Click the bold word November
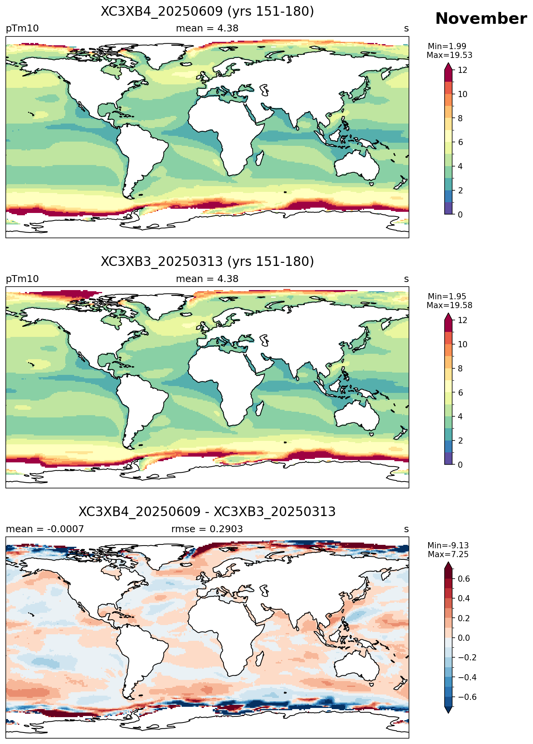[x=481, y=18]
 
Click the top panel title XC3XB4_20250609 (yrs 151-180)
[x=207, y=12]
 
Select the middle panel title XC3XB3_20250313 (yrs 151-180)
[x=207, y=262]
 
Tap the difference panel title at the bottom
[x=207, y=512]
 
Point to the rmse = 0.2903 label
[x=207, y=529]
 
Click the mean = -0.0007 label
[x=45, y=529]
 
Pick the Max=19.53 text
[x=449, y=55]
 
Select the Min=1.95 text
[x=447, y=296]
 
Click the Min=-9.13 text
[x=448, y=545]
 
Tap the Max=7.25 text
[x=448, y=554]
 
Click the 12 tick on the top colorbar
[x=462, y=70]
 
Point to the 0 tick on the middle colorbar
[x=460, y=465]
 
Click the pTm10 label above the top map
[x=22, y=29]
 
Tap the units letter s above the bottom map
[x=406, y=530]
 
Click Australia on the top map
[x=356, y=165]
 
